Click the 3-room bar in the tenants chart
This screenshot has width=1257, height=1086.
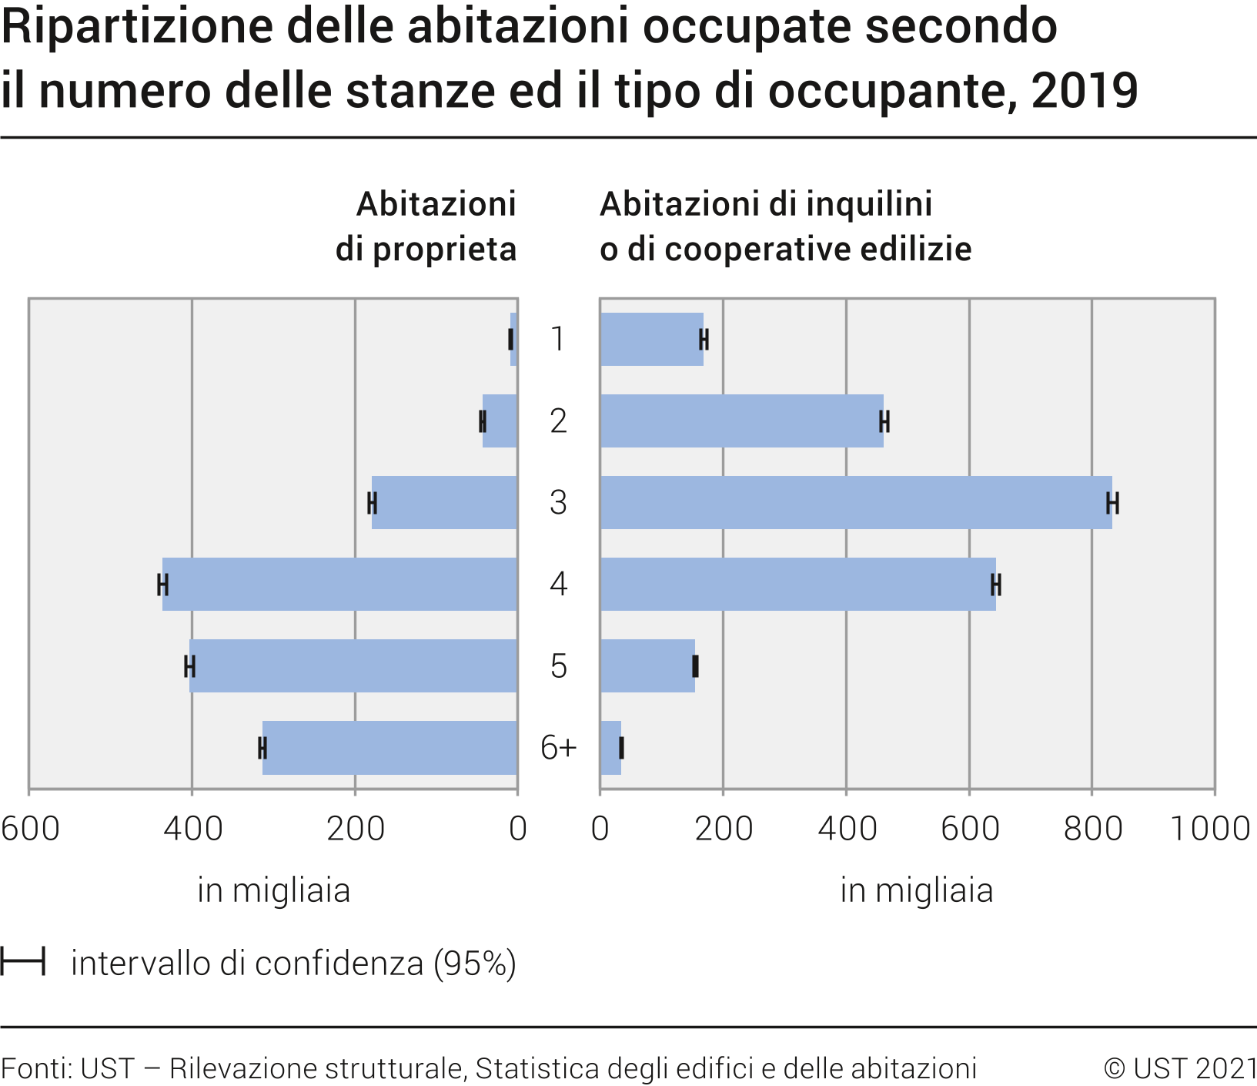[x=854, y=502]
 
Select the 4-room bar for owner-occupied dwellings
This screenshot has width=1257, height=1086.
[x=339, y=584]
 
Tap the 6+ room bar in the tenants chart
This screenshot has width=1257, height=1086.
[x=610, y=747]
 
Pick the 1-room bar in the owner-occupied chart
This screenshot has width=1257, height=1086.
[x=513, y=339]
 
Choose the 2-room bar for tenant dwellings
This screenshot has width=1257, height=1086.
[x=740, y=421]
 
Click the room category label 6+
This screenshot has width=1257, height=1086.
[x=558, y=747]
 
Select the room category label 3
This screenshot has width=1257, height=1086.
[x=558, y=502]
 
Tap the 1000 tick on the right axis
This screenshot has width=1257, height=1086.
[x=1209, y=829]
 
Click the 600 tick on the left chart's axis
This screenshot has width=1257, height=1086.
[x=30, y=829]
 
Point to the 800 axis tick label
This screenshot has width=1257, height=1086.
[x=1092, y=829]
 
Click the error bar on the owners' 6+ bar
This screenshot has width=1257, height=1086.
[x=262, y=748]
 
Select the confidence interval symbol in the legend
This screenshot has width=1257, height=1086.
[x=23, y=962]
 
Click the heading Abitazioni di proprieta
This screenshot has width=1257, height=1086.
[x=426, y=226]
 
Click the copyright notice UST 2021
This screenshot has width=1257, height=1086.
[x=1180, y=1068]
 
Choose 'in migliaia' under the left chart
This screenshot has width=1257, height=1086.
[x=273, y=890]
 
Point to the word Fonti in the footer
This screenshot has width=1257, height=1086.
[x=36, y=1068]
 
